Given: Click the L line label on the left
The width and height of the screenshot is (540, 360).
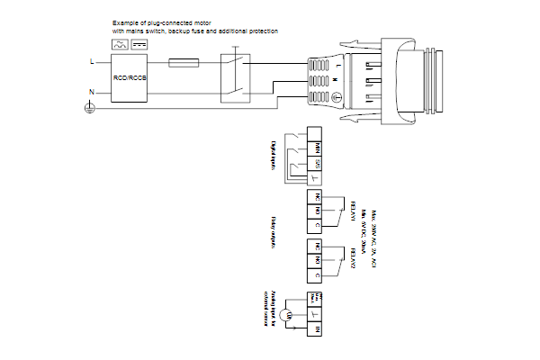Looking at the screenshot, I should [x=91, y=62].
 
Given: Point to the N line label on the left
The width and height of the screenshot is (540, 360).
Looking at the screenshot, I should [x=91, y=92].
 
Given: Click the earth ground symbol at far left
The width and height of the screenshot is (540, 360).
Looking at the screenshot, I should [x=88, y=107].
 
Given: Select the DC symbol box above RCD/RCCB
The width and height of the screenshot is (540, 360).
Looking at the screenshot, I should [x=139, y=44].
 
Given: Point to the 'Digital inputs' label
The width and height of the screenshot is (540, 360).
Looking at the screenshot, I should [x=274, y=153].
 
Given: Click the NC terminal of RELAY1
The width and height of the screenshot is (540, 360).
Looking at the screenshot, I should [x=317, y=195].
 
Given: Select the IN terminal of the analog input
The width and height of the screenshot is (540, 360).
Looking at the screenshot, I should [x=317, y=332].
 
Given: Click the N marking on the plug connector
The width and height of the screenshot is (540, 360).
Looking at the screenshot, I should [x=336, y=81].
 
